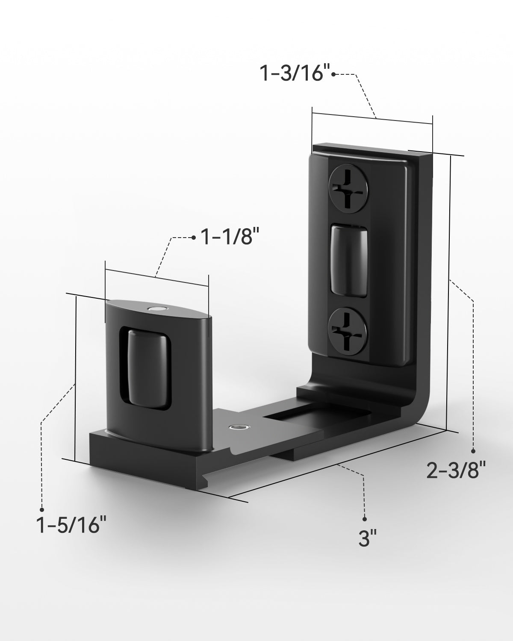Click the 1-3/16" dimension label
click(x=295, y=74)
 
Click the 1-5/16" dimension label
click(x=71, y=525)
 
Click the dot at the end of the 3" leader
click(x=364, y=519)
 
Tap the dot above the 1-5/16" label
click(x=42, y=509)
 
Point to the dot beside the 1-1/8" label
click(x=193, y=237)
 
